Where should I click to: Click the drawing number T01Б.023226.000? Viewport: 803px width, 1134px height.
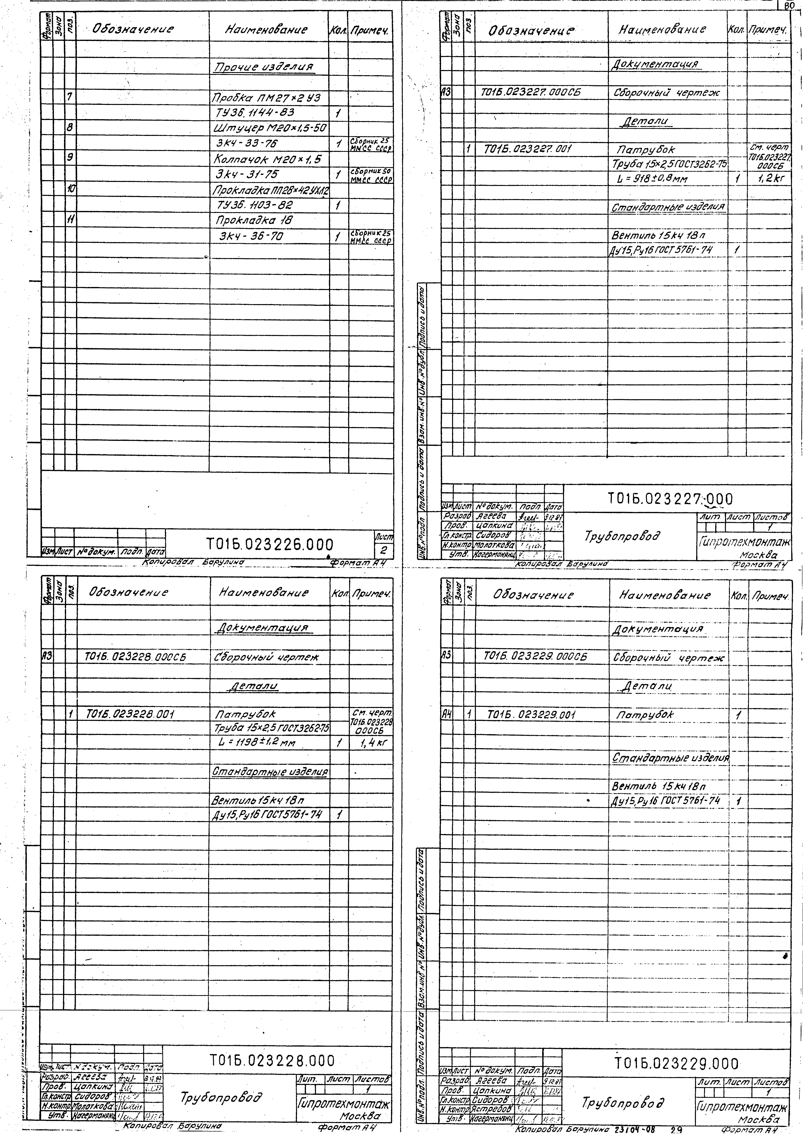(x=269, y=544)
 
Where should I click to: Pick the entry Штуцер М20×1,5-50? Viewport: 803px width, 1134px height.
(x=270, y=128)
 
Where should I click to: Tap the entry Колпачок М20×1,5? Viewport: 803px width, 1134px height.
(x=268, y=159)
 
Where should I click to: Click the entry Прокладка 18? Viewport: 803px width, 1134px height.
(x=252, y=220)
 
